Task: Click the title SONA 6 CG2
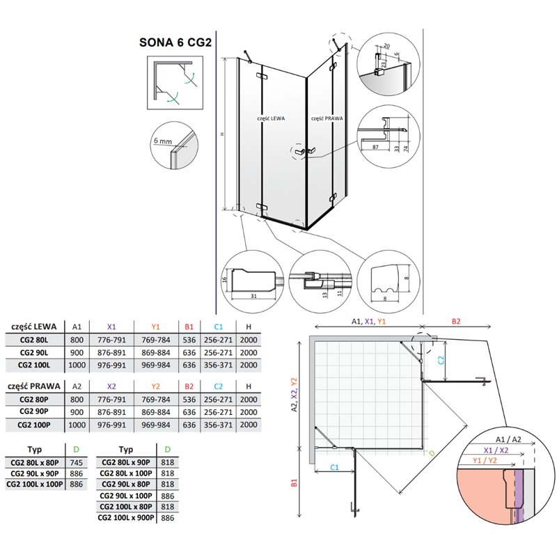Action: point(175,42)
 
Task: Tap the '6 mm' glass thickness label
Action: point(163,141)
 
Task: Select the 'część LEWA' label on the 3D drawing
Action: point(271,118)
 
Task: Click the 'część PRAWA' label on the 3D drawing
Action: point(327,118)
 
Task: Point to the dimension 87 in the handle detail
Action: point(375,147)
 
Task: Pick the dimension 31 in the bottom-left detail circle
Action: point(253,296)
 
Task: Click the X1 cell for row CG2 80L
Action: point(111,340)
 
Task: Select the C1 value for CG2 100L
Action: point(218,365)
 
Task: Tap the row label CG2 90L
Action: point(34,352)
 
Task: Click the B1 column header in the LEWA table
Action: point(189,327)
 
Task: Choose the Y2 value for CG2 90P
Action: point(155,412)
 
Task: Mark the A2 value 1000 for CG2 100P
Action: point(77,425)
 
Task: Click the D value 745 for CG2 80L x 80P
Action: point(77,462)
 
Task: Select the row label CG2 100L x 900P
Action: point(126,517)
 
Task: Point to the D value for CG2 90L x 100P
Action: point(168,496)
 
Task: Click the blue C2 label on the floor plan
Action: point(441,360)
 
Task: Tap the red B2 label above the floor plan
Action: point(456,322)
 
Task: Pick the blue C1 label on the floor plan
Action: point(335,467)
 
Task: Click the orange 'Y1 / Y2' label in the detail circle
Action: point(485,460)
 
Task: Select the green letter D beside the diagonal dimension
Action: point(432,453)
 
